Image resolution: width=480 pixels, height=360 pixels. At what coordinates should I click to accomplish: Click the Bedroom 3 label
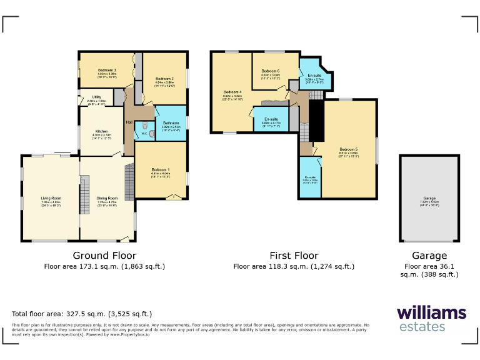(107, 69)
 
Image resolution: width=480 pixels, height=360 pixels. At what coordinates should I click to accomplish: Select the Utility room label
(97, 97)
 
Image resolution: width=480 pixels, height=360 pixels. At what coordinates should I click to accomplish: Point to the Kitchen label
(101, 131)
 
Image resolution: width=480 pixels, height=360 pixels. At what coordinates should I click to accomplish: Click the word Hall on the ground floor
(129, 122)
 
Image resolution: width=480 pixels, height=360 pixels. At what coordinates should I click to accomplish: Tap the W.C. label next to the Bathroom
(144, 132)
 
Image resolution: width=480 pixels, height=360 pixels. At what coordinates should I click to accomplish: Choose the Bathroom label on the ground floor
(171, 123)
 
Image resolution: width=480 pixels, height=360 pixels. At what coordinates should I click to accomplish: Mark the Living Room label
(51, 198)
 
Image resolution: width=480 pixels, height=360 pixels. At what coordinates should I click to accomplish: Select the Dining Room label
(107, 198)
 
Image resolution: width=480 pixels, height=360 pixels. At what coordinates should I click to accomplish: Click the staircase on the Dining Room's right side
(130, 181)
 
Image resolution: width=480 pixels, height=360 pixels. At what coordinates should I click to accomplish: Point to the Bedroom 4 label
(232, 92)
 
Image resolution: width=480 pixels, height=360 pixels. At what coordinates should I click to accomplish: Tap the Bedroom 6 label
(270, 71)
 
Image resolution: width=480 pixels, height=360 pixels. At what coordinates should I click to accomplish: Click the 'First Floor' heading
(294, 256)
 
